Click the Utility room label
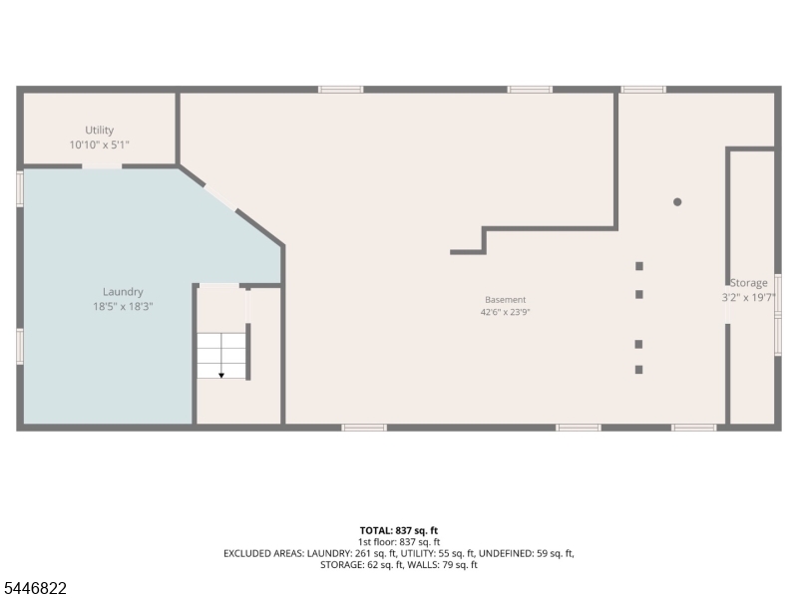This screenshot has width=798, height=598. click(x=99, y=131)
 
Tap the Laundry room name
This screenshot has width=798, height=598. click(x=123, y=292)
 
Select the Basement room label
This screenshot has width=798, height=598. click(x=506, y=300)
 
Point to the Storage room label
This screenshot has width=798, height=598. click(x=749, y=283)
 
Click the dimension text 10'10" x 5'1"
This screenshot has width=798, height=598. click(x=99, y=145)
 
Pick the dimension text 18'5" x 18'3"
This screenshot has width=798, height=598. click(x=123, y=307)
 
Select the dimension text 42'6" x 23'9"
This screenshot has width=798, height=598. click(x=506, y=312)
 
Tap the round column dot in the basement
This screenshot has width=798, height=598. click(x=677, y=202)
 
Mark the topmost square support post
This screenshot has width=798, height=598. click(x=639, y=266)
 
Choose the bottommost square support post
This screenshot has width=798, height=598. click(x=638, y=370)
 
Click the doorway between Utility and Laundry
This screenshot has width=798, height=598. click(x=102, y=165)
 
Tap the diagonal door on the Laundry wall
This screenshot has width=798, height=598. click(x=220, y=197)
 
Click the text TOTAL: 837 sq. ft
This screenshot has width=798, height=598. click(x=399, y=531)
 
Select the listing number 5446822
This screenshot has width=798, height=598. click(x=33, y=588)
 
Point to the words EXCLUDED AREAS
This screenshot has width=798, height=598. click(x=263, y=553)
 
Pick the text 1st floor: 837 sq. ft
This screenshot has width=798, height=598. click(x=399, y=542)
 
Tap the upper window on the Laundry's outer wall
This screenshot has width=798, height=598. click(x=20, y=189)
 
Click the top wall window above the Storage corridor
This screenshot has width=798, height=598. click(x=643, y=90)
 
